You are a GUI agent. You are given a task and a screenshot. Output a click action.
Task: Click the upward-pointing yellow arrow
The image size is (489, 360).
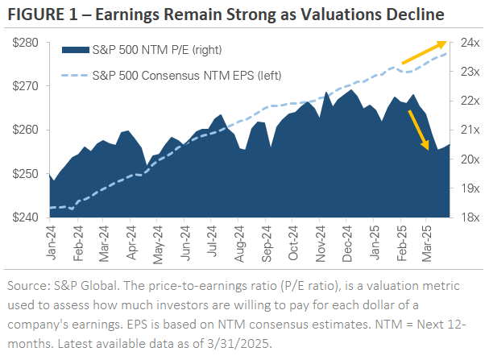click(424, 52)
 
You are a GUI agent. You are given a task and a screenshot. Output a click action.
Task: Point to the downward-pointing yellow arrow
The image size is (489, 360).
click(417, 130)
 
